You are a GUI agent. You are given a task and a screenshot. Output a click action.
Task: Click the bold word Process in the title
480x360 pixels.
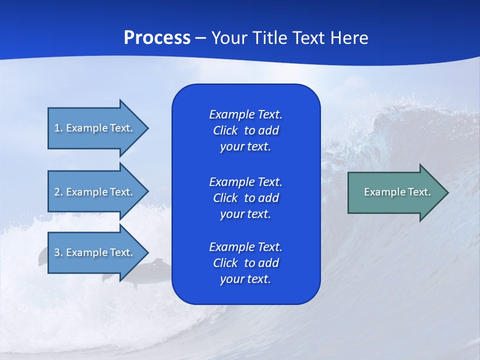tap(157, 38)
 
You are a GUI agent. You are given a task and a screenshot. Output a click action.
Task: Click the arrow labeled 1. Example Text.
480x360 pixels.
tap(98, 128)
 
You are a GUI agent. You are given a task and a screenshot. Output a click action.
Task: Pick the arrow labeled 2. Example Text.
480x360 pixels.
tap(98, 191)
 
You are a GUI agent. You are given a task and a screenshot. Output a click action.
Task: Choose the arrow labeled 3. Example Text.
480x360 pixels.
tap(98, 252)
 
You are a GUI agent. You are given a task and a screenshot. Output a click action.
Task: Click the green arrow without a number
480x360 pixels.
tap(398, 192)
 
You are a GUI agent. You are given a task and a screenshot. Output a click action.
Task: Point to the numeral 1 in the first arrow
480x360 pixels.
tap(56, 128)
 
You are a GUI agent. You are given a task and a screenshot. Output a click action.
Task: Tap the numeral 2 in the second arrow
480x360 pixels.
tap(57, 192)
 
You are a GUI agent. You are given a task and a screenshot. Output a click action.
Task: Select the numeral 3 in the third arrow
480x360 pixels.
tap(57, 252)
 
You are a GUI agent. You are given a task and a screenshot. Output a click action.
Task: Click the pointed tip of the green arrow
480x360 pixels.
tap(449, 192)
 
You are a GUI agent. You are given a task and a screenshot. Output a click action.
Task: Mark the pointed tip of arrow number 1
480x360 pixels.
tap(149, 128)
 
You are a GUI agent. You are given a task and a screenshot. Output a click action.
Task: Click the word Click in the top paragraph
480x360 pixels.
tap(225, 130)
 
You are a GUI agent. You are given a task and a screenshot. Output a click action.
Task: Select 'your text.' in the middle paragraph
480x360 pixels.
tap(245, 214)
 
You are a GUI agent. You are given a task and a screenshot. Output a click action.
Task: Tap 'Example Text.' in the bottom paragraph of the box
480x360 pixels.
tap(245, 246)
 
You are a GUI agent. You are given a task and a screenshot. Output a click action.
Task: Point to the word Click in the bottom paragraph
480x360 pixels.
tap(225, 262)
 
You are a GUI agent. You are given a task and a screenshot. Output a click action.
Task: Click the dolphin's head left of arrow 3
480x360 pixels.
tap(43, 255)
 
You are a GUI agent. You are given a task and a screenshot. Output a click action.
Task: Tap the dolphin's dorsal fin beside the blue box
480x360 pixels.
tap(158, 261)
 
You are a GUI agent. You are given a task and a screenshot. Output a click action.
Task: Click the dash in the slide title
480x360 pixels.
tap(201, 38)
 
